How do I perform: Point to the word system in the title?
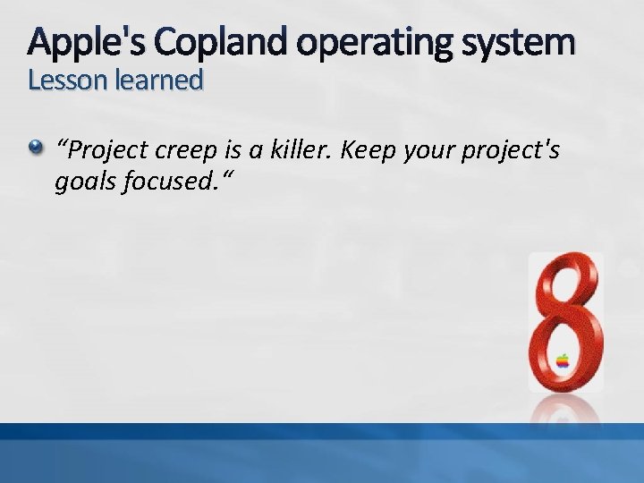[520, 41]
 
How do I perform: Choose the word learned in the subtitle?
[153, 80]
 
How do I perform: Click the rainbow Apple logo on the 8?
[563, 361]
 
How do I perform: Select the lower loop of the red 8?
[564, 353]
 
